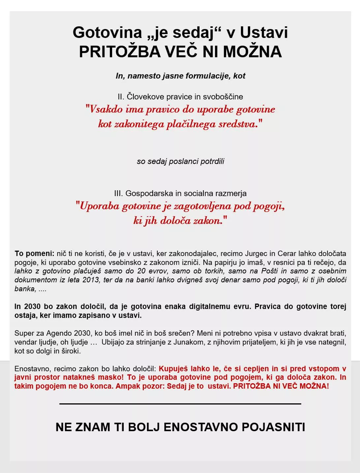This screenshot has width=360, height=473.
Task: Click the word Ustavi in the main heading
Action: point(264,33)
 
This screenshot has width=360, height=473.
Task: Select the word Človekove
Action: point(145,97)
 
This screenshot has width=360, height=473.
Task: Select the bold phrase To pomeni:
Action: point(34,254)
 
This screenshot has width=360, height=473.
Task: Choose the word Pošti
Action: point(270,271)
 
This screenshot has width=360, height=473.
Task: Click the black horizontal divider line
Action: point(180,403)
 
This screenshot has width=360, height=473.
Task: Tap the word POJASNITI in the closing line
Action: point(273,427)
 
